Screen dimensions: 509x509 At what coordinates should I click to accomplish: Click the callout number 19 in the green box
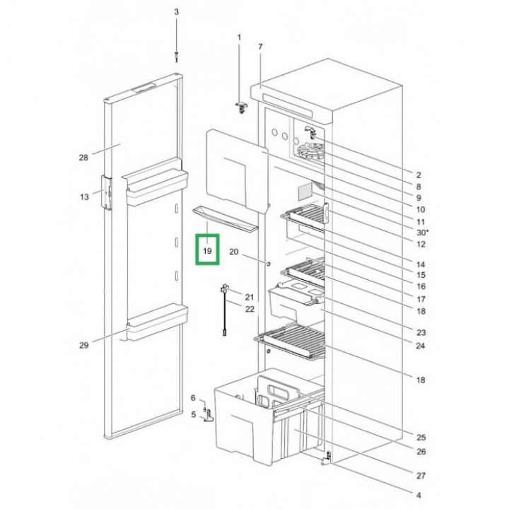pos(207,251)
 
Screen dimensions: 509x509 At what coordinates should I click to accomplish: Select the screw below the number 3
pos(176,56)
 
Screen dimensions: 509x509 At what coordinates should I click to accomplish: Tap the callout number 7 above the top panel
pos(260,47)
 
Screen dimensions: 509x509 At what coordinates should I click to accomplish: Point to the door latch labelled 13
pos(107,192)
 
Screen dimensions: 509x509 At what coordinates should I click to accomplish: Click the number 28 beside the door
pos(83,158)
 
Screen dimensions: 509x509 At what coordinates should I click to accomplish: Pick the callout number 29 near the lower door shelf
pos(83,346)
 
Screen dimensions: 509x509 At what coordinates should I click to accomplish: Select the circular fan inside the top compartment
pos(310,151)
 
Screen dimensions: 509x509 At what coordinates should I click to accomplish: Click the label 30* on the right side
pos(422,233)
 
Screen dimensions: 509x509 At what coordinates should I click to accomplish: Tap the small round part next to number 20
pos(269,264)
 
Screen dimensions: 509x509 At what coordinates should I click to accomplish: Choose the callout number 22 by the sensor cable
pos(250,309)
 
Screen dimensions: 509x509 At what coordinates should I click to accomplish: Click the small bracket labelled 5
pos(209,416)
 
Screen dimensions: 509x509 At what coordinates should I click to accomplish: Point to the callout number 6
pos(193,398)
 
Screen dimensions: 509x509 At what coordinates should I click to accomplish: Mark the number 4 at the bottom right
pos(419,496)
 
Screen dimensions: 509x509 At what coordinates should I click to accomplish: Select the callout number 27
pos(421,476)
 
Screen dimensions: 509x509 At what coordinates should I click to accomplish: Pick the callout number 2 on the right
pos(419,175)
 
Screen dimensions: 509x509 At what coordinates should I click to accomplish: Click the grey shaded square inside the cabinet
pos(305,192)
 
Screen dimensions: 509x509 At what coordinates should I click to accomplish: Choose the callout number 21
pos(250,297)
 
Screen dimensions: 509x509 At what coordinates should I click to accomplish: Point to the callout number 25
pos(421,438)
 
